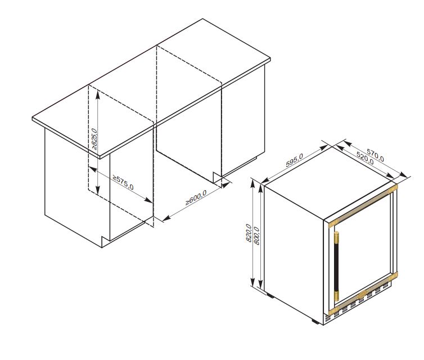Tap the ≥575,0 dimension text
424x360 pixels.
[123, 183]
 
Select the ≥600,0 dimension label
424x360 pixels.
[196, 197]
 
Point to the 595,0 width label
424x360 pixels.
[294, 160]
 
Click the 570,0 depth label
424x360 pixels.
[375, 155]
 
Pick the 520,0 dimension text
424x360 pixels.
[365, 158]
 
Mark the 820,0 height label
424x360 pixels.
[249, 233]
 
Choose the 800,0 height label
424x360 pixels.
[256, 236]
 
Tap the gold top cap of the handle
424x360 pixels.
[337, 237]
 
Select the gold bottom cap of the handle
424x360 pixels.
[337, 296]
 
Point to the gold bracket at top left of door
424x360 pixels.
[332, 223]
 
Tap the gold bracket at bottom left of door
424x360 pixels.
[332, 310]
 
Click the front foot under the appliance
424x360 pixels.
[315, 321]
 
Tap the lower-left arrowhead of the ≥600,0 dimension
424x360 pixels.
[166, 218]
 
